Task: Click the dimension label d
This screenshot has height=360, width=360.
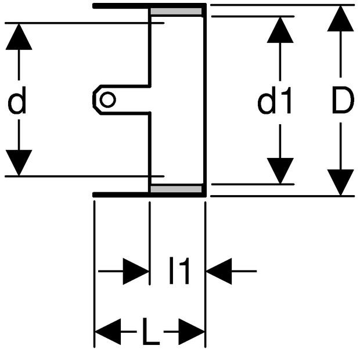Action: pos(17,100)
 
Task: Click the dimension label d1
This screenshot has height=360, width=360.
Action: pos(275,100)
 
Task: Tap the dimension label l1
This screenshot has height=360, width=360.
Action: pos(179,271)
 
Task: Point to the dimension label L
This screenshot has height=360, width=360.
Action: pos(150,332)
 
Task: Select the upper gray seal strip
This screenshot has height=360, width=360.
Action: pos(176,11)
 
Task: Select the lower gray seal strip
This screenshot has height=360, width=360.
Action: pos(176,189)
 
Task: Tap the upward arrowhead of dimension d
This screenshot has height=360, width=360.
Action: pos(19,37)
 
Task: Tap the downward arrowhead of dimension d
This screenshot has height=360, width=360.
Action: pos(19,163)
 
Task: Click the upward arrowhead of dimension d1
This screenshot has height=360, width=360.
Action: pos(280,30)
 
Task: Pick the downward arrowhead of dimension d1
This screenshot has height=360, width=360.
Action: pos(280,171)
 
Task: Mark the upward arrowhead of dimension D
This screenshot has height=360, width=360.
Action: pos(340,19)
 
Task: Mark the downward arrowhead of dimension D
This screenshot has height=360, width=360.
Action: pos(340,182)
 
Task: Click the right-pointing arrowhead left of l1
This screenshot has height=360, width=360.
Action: pos(136,271)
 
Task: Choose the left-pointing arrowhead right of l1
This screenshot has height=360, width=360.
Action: pos(219,271)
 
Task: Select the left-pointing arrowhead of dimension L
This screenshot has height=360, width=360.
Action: pos(108,332)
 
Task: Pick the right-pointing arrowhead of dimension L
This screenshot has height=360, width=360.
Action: pos(191,332)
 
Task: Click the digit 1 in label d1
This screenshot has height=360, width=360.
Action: pos(286,100)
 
